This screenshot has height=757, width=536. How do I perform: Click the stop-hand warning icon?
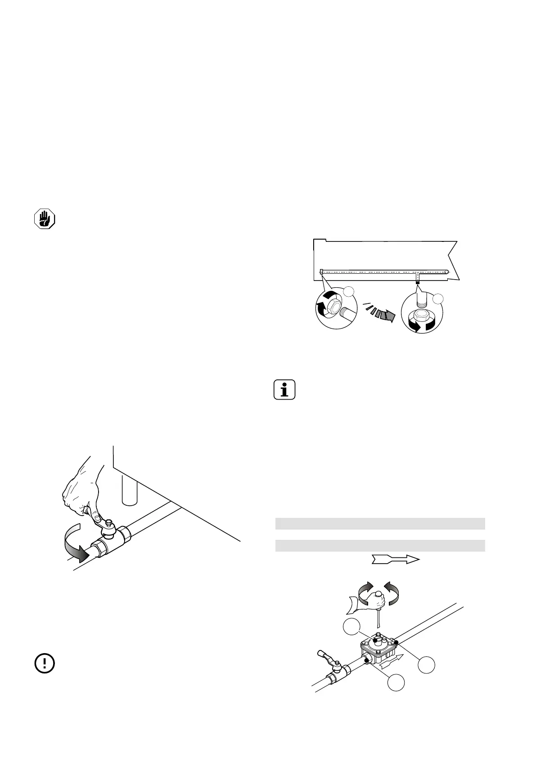45,219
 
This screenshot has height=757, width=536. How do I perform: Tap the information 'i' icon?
284,390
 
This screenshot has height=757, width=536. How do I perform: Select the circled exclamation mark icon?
45,663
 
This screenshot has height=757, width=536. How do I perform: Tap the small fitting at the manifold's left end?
321,272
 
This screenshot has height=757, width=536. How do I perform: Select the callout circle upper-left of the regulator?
352,627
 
